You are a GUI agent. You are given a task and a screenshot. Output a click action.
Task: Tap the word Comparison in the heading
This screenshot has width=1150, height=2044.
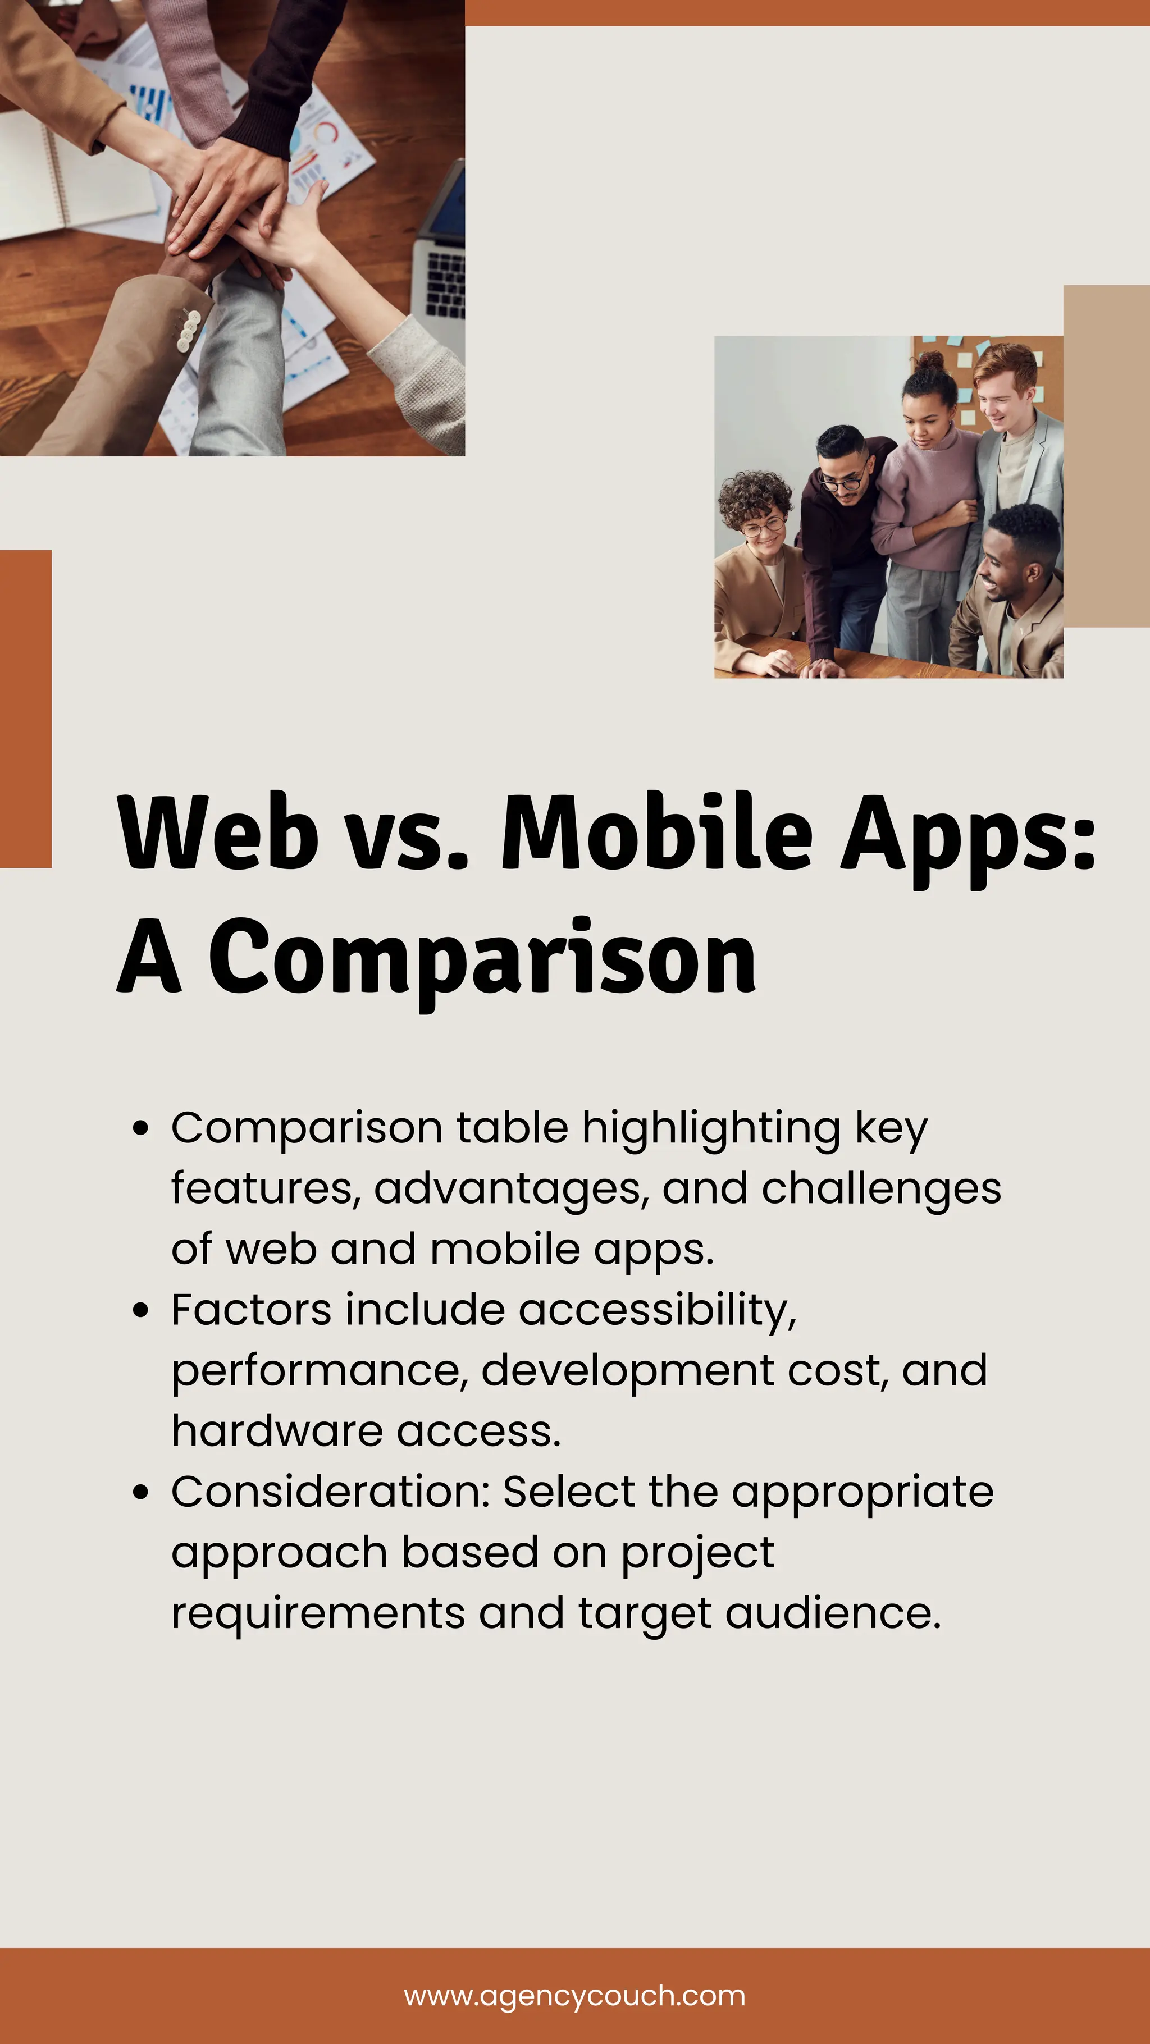(482, 957)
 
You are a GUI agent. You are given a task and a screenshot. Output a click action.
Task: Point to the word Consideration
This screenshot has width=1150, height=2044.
(330, 1492)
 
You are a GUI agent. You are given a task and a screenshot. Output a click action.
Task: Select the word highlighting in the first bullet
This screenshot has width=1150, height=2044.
(711, 1129)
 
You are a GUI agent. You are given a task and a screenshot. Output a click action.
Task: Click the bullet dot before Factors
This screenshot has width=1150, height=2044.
(142, 1311)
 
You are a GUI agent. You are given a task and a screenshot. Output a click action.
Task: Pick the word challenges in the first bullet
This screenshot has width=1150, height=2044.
(881, 1188)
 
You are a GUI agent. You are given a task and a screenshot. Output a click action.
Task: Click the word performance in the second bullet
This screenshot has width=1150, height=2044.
(315, 1371)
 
